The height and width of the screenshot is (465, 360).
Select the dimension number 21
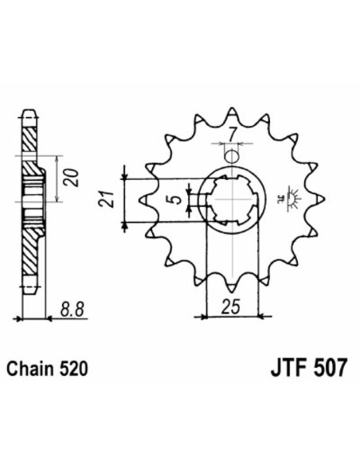tap(112, 198)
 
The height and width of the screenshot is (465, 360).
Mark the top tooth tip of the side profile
tap(30, 112)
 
